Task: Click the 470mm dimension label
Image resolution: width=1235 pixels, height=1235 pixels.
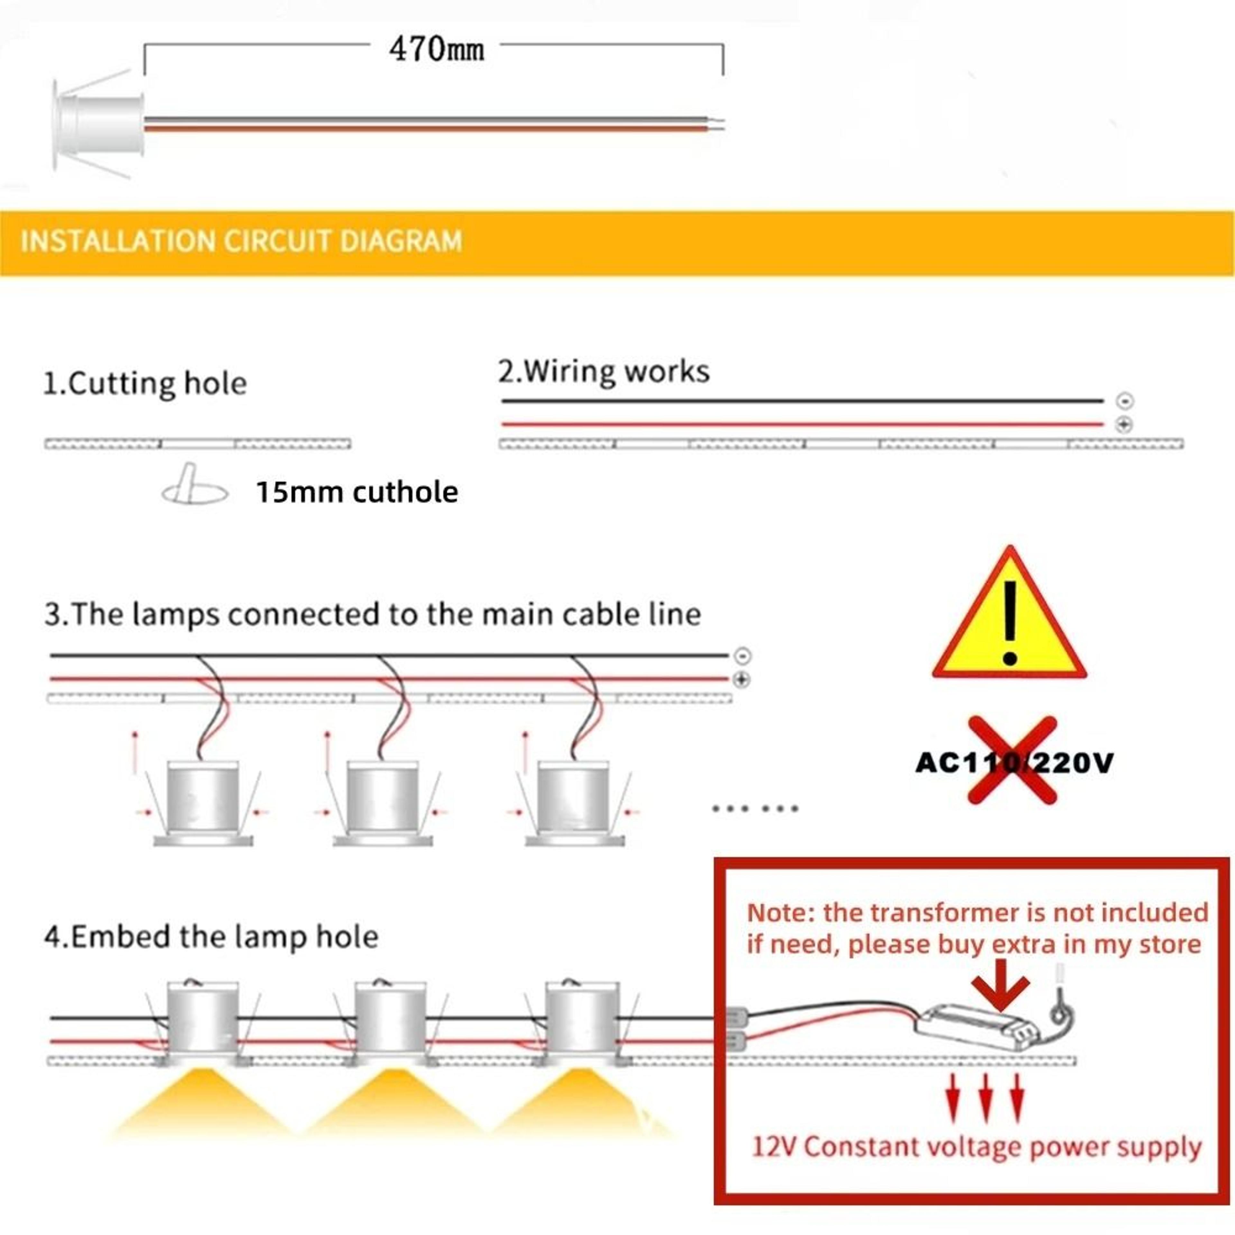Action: (x=437, y=49)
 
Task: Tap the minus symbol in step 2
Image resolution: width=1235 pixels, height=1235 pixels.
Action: (x=1124, y=401)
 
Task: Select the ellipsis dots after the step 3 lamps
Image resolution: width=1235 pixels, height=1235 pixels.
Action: (x=755, y=809)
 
